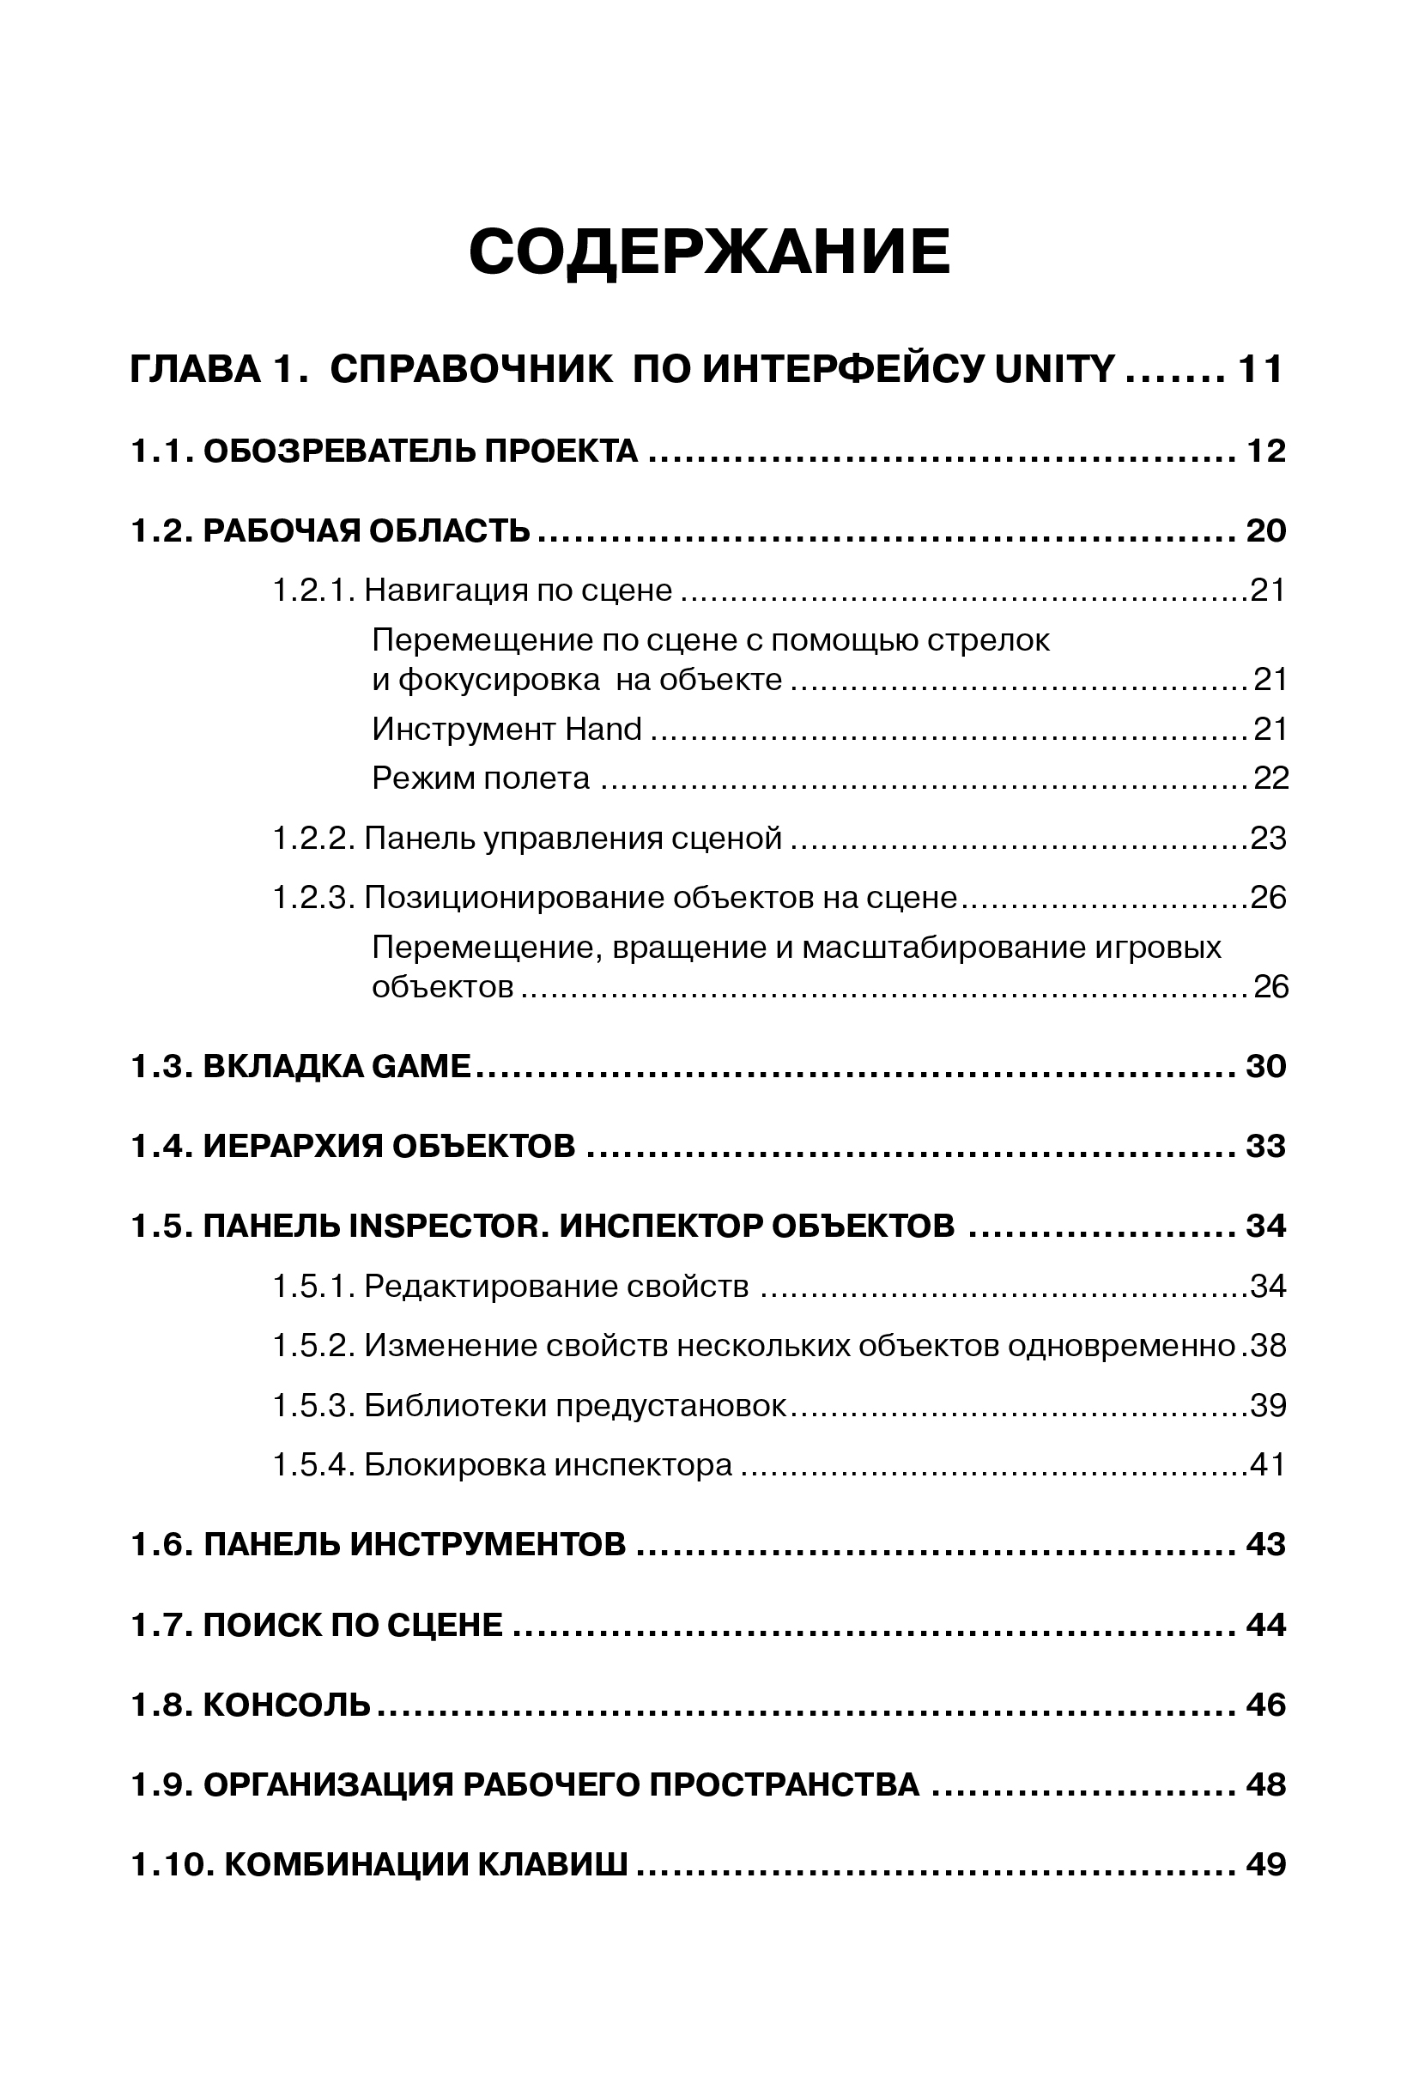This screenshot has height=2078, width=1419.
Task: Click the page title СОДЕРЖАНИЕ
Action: (709, 252)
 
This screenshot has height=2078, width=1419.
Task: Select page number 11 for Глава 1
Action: (1260, 369)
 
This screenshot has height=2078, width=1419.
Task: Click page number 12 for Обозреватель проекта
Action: (1265, 451)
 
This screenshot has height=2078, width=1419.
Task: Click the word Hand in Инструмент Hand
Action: (603, 730)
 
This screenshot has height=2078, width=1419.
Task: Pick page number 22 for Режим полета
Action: (1270, 778)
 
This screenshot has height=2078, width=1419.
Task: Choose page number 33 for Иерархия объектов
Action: (1265, 1147)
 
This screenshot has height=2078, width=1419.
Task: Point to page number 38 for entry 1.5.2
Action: (1268, 1346)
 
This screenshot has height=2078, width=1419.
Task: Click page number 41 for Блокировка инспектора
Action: (1268, 1464)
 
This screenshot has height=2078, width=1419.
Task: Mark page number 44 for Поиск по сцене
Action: (1265, 1625)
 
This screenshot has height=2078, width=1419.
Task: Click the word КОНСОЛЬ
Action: (286, 1705)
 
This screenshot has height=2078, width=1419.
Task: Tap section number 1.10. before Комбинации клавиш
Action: (171, 1865)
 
